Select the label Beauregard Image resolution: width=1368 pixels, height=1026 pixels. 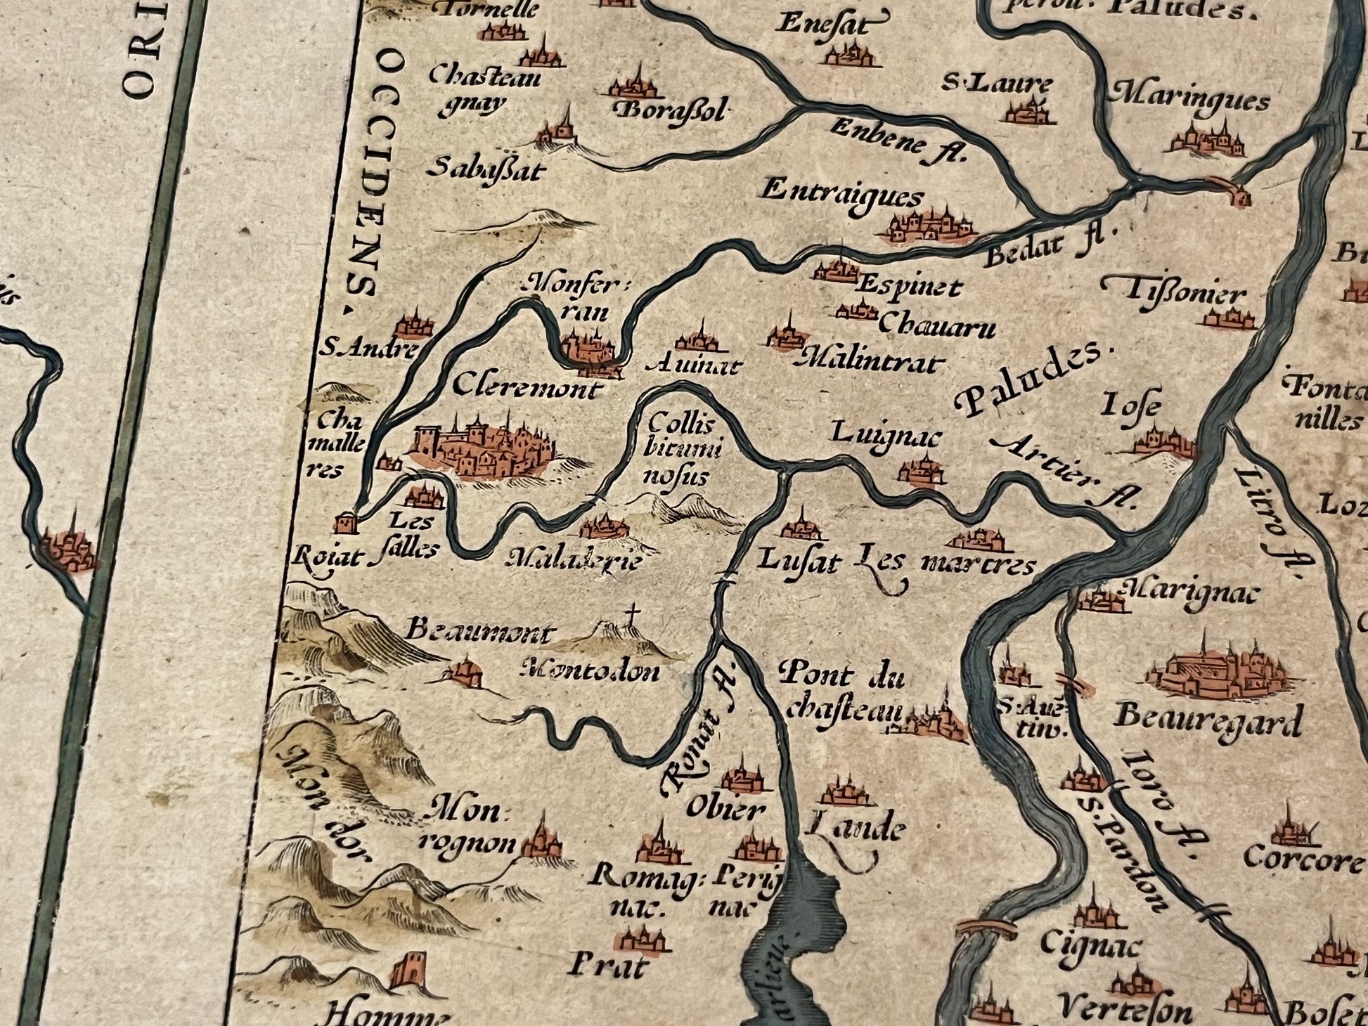pyautogui.click(x=1208, y=719)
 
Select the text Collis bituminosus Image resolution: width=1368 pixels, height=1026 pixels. pyautogui.click(x=679, y=450)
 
